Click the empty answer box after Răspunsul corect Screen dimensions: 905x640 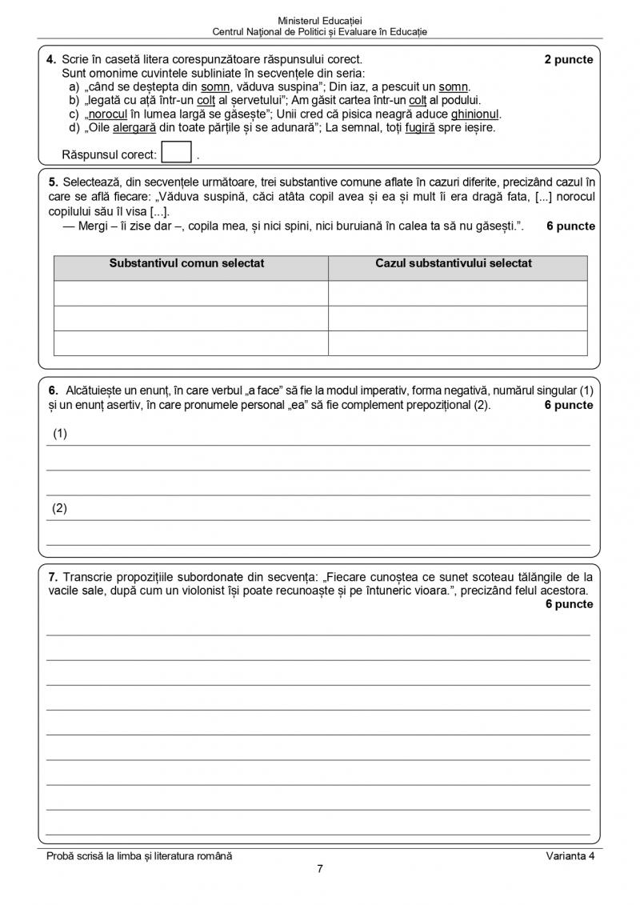[x=176, y=152]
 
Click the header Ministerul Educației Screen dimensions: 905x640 [x=320, y=20]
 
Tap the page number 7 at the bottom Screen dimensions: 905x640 [x=320, y=870]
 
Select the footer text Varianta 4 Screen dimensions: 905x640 [x=570, y=856]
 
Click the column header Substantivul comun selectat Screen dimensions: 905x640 [x=187, y=263]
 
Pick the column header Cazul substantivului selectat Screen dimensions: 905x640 [x=454, y=263]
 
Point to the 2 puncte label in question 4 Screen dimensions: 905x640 [x=569, y=60]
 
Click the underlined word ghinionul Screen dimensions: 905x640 [x=475, y=114]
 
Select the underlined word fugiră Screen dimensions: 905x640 [x=420, y=127]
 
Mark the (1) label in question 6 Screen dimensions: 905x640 [x=60, y=434]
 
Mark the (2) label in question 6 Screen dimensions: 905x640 [x=60, y=509]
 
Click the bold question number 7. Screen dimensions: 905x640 [x=53, y=576]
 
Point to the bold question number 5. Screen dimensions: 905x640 [x=53, y=182]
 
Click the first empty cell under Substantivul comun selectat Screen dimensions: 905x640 [x=190, y=293]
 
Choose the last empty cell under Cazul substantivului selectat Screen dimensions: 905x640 [x=458, y=342]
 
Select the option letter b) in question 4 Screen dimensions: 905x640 [x=74, y=100]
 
